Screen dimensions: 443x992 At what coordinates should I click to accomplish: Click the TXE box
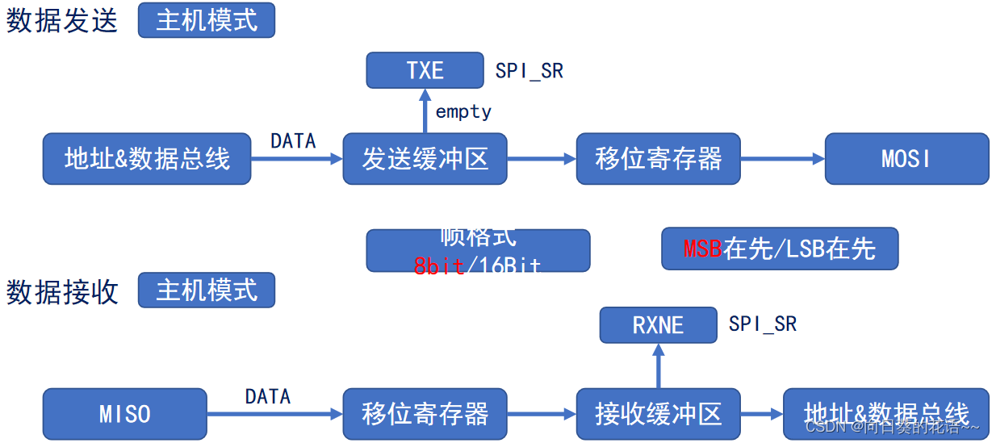[x=425, y=70]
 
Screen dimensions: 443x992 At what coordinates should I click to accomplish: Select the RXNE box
[x=658, y=325]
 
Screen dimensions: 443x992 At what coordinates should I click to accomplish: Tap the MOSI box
[x=906, y=159]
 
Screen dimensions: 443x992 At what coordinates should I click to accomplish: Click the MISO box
[x=124, y=414]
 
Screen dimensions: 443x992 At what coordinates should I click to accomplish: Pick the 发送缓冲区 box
[x=425, y=159]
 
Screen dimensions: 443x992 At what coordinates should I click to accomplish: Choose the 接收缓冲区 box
[x=658, y=414]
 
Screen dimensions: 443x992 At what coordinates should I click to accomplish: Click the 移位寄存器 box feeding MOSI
[x=658, y=159]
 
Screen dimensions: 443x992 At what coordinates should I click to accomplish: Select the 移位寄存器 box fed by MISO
[x=425, y=414]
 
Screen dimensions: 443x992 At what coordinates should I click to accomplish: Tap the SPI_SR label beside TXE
[x=529, y=71]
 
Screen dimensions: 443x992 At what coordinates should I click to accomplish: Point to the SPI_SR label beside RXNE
[x=762, y=324]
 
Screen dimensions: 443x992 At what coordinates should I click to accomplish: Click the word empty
[x=463, y=111]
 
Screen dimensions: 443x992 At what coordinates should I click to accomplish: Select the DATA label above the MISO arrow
[x=267, y=396]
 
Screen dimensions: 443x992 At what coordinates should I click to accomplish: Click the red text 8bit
[x=439, y=265]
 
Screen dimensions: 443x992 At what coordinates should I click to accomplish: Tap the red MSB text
[x=702, y=249]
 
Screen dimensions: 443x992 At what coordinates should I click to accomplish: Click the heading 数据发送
[x=62, y=21]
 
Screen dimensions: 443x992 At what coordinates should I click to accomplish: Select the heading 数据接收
[x=62, y=291]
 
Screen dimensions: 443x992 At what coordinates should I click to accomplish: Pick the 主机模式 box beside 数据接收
[x=206, y=290]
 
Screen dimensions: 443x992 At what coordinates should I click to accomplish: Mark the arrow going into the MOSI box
[x=782, y=159]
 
